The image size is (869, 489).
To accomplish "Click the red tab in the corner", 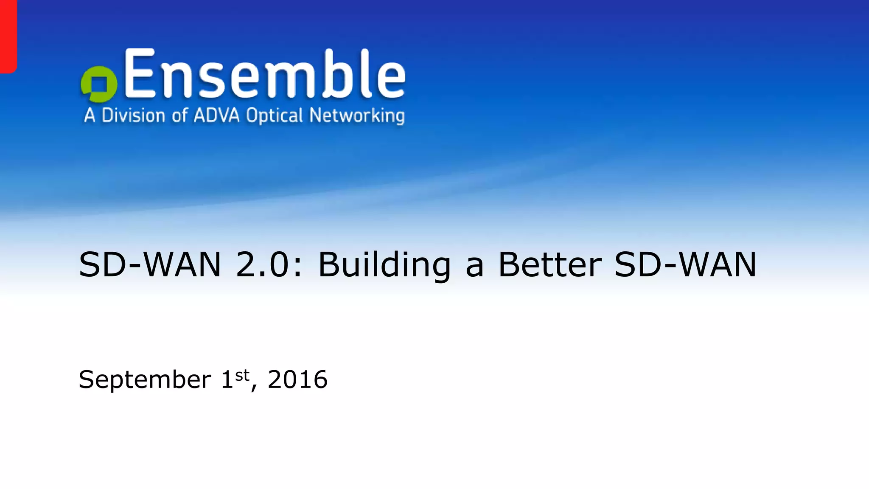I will pyautogui.click(x=8, y=36).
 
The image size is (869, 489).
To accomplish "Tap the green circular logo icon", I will pyautogui.click(x=98, y=84).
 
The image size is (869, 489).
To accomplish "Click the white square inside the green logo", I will pyautogui.click(x=100, y=84).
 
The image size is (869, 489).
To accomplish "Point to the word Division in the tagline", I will pyautogui.click(x=133, y=115).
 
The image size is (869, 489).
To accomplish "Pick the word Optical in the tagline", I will pyautogui.click(x=275, y=115).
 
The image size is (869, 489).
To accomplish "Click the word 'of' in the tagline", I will pyautogui.click(x=179, y=115).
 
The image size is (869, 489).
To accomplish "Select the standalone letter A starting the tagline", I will pyautogui.click(x=90, y=115).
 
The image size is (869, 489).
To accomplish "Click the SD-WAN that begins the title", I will pyautogui.click(x=150, y=265).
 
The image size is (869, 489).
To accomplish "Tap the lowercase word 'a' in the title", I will pyautogui.click(x=474, y=267).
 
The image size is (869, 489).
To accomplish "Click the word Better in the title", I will pyautogui.click(x=549, y=265).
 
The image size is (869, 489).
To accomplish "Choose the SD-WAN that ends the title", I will pyautogui.click(x=685, y=265).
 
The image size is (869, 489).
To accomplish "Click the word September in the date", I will pyautogui.click(x=145, y=380).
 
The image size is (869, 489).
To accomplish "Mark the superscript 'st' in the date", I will pyautogui.click(x=242, y=375).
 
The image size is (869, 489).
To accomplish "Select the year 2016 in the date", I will pyautogui.click(x=297, y=379).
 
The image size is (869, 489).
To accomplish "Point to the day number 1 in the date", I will pyautogui.click(x=227, y=379).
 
